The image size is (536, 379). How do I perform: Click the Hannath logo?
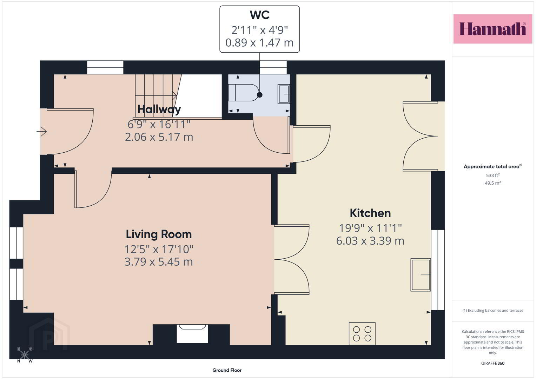[x=493, y=29]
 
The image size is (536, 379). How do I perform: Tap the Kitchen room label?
[x=370, y=213]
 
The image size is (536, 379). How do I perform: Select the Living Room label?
[x=159, y=234]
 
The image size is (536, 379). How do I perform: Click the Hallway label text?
[x=159, y=109]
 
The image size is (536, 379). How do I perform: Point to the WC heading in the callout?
[x=260, y=15]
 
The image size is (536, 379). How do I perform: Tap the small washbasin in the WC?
[x=284, y=94]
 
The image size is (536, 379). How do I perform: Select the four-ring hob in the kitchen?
[x=362, y=334]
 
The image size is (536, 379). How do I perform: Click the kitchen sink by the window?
[x=421, y=275]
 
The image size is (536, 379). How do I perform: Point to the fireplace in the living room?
[x=192, y=334]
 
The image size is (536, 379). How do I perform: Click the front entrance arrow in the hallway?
[x=41, y=131]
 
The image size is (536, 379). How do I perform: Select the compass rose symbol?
[x=25, y=354]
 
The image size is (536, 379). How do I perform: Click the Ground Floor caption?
[x=227, y=370]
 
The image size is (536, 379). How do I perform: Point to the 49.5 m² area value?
[x=493, y=183]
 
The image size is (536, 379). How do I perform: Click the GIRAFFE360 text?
[x=493, y=363]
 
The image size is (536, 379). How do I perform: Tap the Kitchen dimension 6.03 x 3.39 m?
[x=370, y=241]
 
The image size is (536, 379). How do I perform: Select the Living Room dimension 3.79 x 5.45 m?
[x=159, y=261]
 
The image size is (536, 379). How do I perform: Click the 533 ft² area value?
[x=493, y=175]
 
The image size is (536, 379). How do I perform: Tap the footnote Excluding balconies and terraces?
[x=493, y=310]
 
